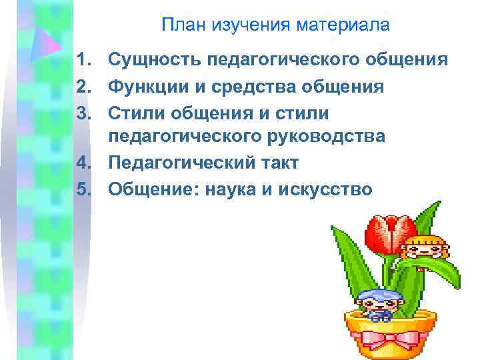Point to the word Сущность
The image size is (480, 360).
click(154, 61)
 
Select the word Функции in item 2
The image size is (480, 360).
click(147, 87)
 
